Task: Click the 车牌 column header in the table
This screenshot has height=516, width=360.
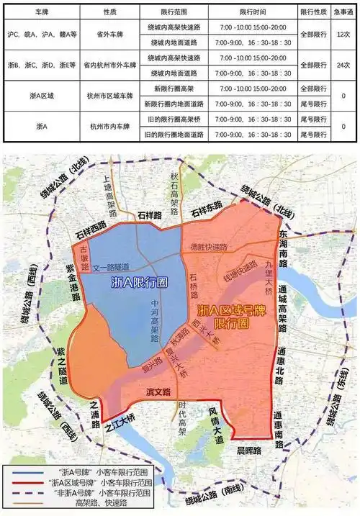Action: (34, 13)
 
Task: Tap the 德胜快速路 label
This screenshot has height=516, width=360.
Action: (208, 246)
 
